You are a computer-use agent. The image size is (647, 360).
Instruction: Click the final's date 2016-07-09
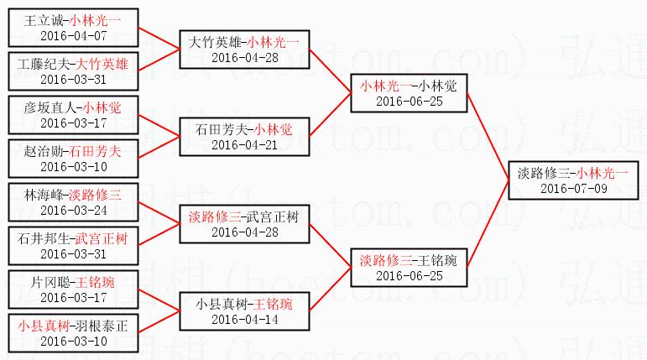573,189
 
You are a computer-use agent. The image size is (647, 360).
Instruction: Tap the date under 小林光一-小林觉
409,101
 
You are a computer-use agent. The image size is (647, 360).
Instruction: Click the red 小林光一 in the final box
602,174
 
